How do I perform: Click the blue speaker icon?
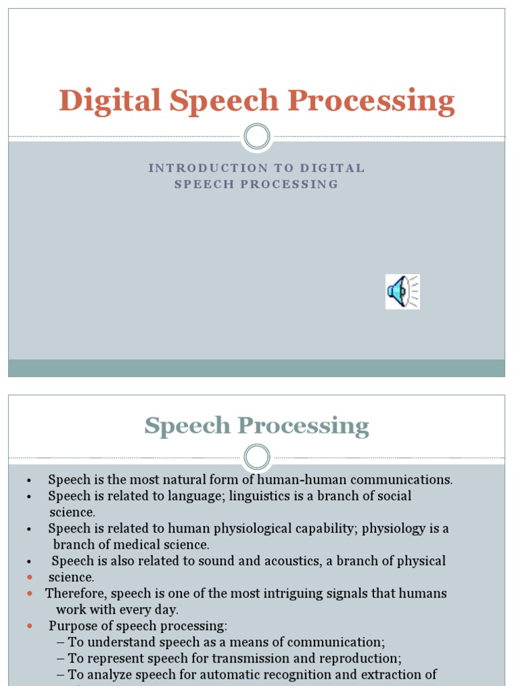tap(402, 291)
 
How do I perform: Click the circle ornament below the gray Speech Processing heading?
tap(256, 458)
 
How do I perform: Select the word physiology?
tap(397, 529)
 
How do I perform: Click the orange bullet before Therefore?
tap(29, 594)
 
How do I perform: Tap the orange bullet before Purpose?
tap(29, 626)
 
